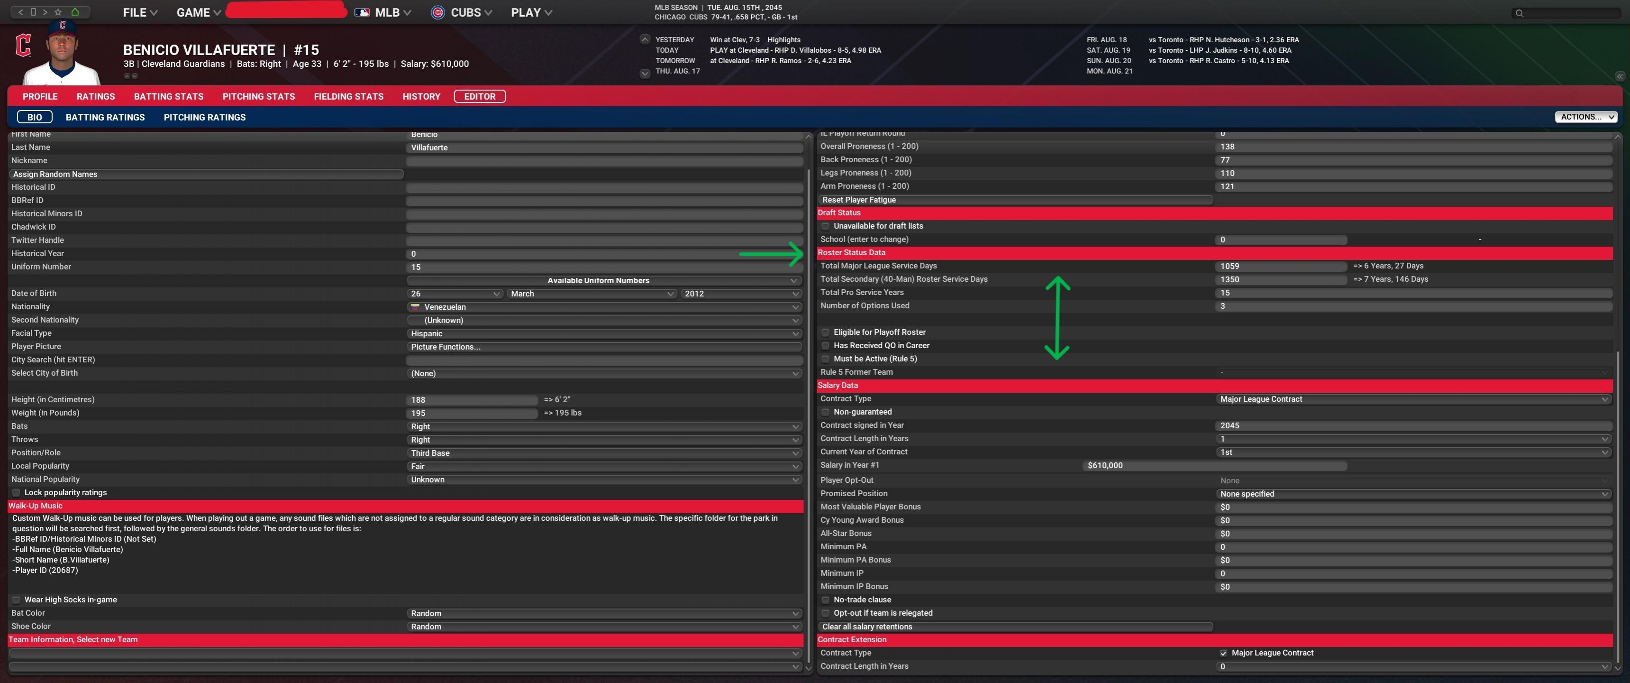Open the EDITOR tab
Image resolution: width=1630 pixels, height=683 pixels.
[x=480, y=96]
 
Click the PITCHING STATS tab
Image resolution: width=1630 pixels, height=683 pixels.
[x=258, y=96]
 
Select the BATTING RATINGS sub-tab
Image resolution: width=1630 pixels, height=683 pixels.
[x=105, y=117]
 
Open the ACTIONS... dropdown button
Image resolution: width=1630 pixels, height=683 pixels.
[x=1585, y=117]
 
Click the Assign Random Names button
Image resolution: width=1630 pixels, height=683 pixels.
[x=206, y=174]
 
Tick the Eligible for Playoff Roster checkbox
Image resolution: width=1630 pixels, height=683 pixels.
[x=825, y=332]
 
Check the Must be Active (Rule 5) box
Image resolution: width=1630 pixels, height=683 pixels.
[x=825, y=359]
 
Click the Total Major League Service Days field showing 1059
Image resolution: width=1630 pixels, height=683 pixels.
[x=1279, y=267]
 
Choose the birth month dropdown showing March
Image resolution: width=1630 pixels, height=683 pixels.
[x=591, y=294]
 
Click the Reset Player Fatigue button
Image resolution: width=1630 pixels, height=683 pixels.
[x=1014, y=200]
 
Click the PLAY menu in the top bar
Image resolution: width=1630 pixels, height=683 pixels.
[x=531, y=13]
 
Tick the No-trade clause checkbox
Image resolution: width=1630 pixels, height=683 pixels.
[x=825, y=600]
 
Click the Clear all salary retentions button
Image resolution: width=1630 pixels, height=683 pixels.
[x=1014, y=627]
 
